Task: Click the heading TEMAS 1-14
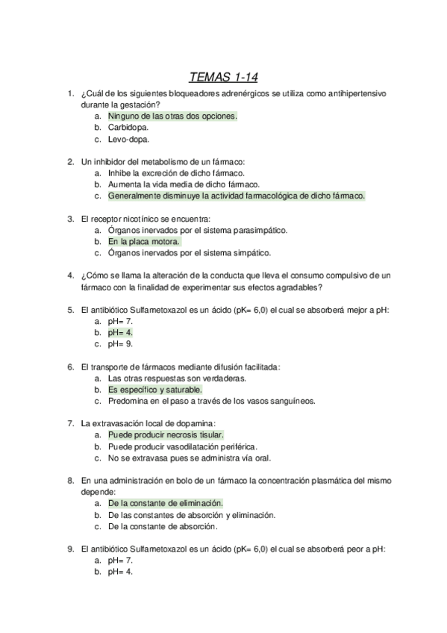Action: coord(224,76)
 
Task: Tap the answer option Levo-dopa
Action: coord(128,139)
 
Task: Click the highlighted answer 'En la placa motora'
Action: coord(143,242)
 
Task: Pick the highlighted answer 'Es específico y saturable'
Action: coord(154,389)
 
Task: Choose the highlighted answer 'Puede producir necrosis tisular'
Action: coord(166,434)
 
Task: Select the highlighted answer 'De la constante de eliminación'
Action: coord(165,503)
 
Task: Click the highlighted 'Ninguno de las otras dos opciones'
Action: coord(172,116)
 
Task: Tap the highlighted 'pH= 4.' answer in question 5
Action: coord(120,332)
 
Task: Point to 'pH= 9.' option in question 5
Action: coord(120,343)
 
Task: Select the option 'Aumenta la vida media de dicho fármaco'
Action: coord(184,184)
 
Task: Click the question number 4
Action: coord(69,275)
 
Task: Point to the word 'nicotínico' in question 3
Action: coord(153,219)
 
